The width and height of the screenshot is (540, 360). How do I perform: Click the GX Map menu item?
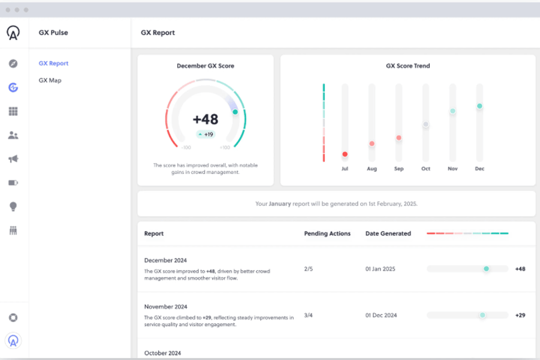pos(50,81)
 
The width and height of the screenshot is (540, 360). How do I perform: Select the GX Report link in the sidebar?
pos(54,63)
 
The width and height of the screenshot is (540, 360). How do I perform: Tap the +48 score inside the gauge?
pos(205,119)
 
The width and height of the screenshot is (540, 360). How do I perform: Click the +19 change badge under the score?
pos(206,134)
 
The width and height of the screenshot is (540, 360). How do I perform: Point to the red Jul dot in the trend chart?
pos(345,154)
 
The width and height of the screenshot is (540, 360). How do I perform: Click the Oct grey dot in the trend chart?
pos(425,124)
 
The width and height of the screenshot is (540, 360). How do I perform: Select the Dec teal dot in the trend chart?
pos(479,106)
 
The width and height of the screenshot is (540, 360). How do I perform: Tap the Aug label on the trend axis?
pos(372,169)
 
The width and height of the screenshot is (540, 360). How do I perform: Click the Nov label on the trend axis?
pos(452,169)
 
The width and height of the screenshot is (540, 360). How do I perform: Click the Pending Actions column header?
pos(327,234)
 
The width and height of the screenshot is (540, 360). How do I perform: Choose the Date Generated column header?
pos(388,234)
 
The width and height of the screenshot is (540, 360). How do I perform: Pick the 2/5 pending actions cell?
pos(308,269)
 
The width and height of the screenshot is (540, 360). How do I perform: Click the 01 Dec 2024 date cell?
pos(381,315)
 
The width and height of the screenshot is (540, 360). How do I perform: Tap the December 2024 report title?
pos(165,261)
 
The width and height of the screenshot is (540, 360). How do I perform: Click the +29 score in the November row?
pos(520,315)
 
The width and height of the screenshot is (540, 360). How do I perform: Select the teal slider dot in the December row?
pos(486,269)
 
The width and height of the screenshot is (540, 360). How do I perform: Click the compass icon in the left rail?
pos(13,63)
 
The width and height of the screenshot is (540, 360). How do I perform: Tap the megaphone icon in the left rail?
pos(13,159)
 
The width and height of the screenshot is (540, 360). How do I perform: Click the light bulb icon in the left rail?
pos(13,207)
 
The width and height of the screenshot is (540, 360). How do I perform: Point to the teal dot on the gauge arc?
pos(235,112)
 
